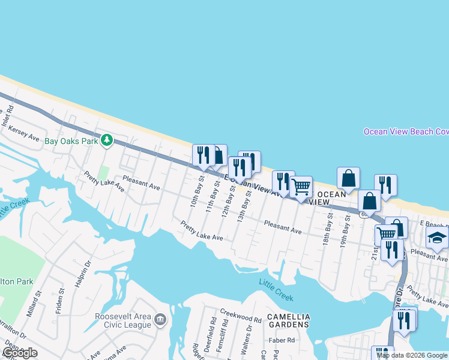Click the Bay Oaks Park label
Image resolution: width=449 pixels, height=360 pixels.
point(71,142)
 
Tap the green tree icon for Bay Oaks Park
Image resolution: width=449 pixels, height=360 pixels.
point(107,140)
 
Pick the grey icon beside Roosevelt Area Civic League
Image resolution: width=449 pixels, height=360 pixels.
point(160,319)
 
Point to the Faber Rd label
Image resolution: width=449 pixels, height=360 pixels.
point(282,340)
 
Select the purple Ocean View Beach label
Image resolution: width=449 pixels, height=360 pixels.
point(406,132)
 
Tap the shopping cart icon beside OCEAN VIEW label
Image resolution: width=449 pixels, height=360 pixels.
point(301,187)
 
